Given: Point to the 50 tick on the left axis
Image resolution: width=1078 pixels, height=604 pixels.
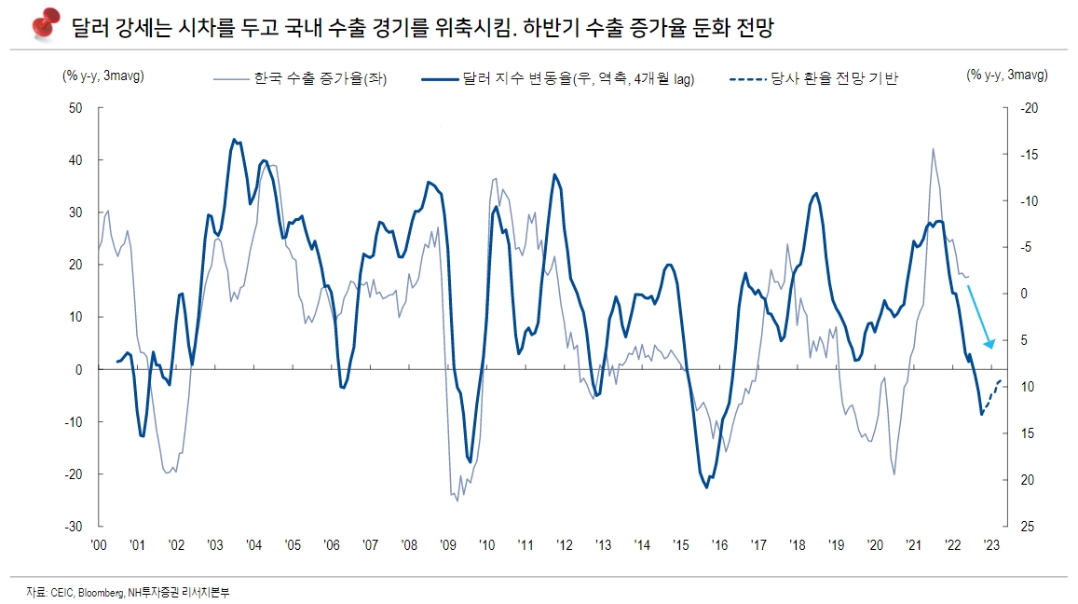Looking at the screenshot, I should point(76,108).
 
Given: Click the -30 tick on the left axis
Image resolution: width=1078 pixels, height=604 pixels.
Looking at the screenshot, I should point(75,527).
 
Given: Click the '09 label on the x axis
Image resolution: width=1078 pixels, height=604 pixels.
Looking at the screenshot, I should point(447,545).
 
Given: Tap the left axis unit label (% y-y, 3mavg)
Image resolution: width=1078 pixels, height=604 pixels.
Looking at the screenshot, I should point(103,75).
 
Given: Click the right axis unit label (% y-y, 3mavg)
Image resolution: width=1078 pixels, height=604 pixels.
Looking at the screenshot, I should point(1006,75).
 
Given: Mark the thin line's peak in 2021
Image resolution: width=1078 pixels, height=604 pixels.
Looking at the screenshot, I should point(933,148).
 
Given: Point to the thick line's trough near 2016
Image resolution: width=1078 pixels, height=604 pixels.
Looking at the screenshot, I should point(707,487).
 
